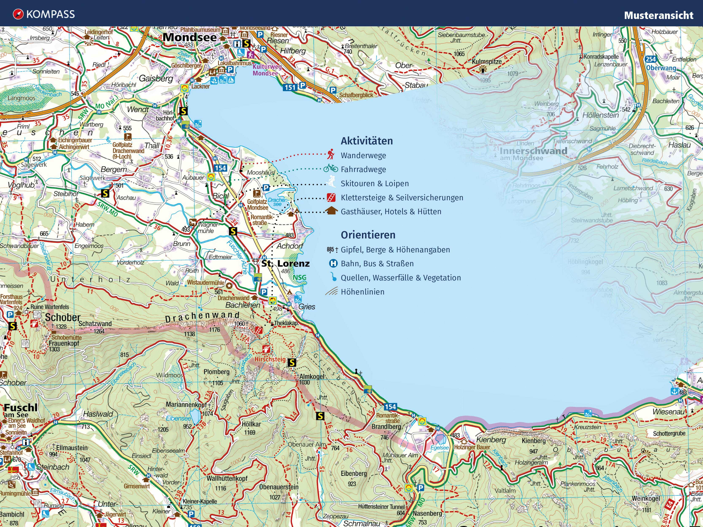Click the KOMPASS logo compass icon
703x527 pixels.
tap(18, 14)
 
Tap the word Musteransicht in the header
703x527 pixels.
tap(658, 15)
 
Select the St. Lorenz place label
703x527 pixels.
tap(285, 263)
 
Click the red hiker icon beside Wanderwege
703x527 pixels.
tap(331, 154)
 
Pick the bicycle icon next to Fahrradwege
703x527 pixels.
tap(331, 168)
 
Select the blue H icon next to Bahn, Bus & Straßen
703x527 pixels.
tap(333, 263)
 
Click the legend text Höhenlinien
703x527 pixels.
tap(362, 292)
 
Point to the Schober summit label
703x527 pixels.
tap(63, 317)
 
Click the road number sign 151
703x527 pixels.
tap(290, 87)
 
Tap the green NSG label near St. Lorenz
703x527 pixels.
tap(299, 277)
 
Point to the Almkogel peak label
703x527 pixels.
tap(312, 377)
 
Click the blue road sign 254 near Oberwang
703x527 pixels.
tap(650, 59)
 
